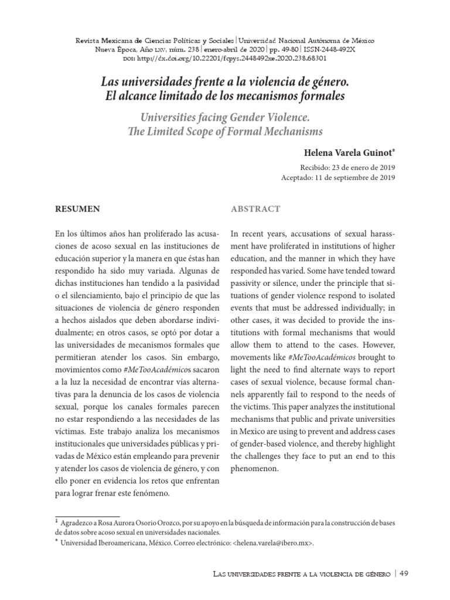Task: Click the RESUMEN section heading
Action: tap(77, 209)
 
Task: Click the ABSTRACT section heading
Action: tap(255, 209)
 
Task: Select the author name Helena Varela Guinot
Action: tap(348, 153)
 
